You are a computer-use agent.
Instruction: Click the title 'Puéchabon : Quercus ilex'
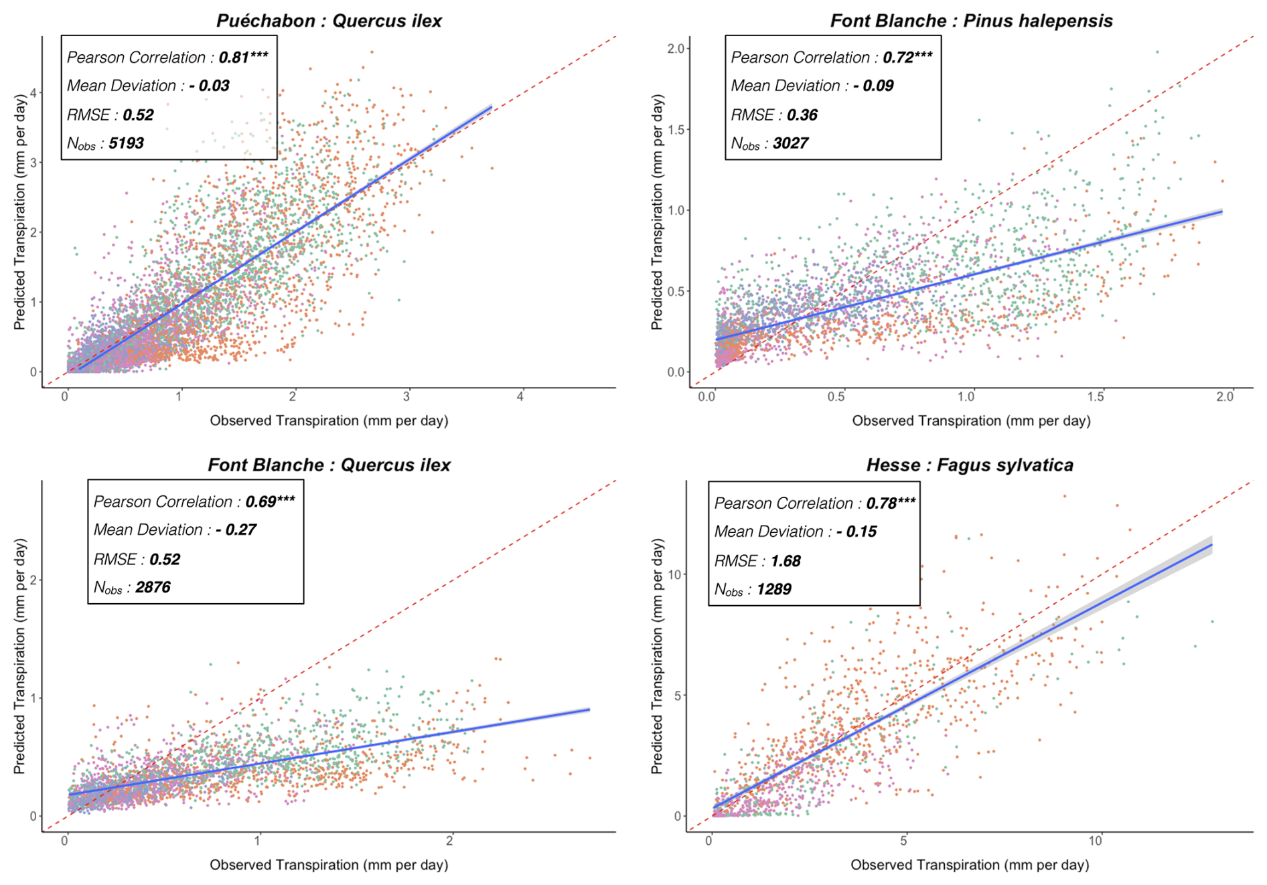(x=329, y=21)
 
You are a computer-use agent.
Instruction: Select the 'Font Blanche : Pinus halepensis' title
(x=971, y=21)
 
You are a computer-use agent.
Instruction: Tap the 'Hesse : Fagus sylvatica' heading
(x=970, y=465)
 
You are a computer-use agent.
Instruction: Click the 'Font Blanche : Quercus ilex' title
(x=329, y=465)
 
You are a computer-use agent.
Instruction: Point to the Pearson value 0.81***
(x=243, y=58)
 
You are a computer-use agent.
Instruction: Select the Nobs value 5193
(x=126, y=143)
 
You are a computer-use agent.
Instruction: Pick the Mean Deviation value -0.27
(x=236, y=530)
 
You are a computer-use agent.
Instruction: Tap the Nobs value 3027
(x=790, y=143)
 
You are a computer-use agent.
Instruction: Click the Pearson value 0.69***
(x=270, y=501)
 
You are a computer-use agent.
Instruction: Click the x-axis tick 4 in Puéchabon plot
(x=520, y=396)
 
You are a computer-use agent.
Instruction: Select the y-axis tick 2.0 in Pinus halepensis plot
(x=676, y=48)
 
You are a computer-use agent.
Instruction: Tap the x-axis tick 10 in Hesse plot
(x=1095, y=841)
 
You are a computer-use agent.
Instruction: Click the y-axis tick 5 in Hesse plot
(x=678, y=696)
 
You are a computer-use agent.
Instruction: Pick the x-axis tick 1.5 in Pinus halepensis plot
(x=1096, y=396)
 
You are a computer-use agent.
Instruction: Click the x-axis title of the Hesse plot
(x=970, y=865)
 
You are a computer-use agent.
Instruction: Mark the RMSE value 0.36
(x=802, y=115)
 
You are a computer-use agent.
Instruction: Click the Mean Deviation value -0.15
(x=856, y=532)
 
